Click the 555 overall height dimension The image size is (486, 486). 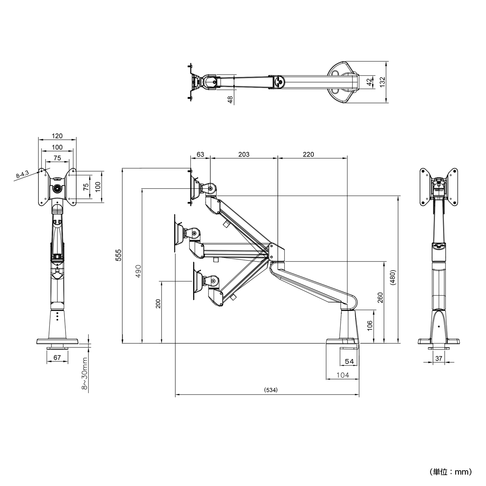[x=118, y=256]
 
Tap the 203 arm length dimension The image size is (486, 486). [x=244, y=154]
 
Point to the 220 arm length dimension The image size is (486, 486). [x=308, y=154]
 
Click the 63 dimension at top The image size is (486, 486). [x=200, y=154]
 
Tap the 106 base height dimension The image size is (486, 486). [x=369, y=325]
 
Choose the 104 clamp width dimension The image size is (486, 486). [x=343, y=375]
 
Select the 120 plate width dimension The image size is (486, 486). [x=57, y=136]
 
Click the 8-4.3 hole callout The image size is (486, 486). [x=22, y=175]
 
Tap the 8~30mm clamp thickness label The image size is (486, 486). [x=85, y=374]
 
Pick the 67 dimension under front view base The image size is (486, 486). [x=57, y=357]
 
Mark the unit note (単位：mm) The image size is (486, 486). [x=450, y=472]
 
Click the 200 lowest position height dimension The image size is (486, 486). [x=158, y=304]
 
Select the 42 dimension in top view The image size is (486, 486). [x=369, y=81]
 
